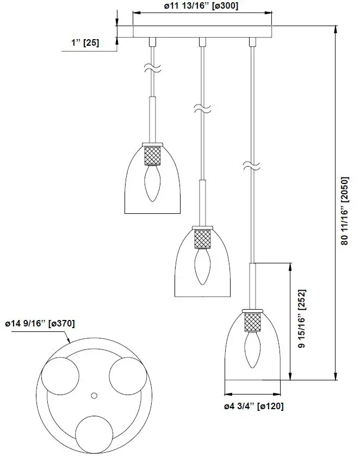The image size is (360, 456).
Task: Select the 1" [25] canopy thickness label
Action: click(85, 42)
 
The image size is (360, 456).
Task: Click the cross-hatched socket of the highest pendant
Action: click(152, 156)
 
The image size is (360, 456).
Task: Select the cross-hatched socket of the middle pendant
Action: click(202, 238)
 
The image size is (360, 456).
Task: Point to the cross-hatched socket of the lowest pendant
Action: click(253, 322)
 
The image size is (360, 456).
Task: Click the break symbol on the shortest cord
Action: click(152, 68)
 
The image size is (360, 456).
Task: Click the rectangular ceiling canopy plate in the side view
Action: click(202, 32)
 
